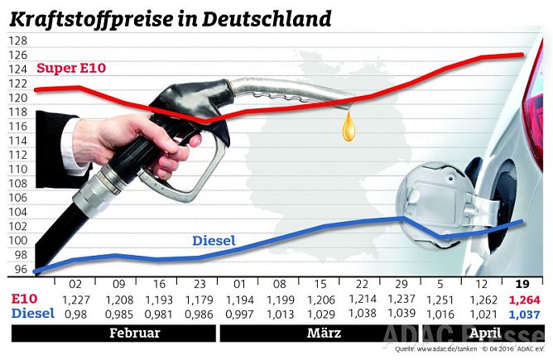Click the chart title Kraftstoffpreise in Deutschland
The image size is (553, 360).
coord(170,17)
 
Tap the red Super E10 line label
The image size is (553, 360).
coord(71,68)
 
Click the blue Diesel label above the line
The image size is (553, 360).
coord(214,241)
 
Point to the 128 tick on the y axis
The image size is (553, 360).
coord(17,41)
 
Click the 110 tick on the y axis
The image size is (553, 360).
coord(17,169)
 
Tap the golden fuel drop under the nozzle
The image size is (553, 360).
coord(352,127)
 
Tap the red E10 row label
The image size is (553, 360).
coord(24,299)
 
